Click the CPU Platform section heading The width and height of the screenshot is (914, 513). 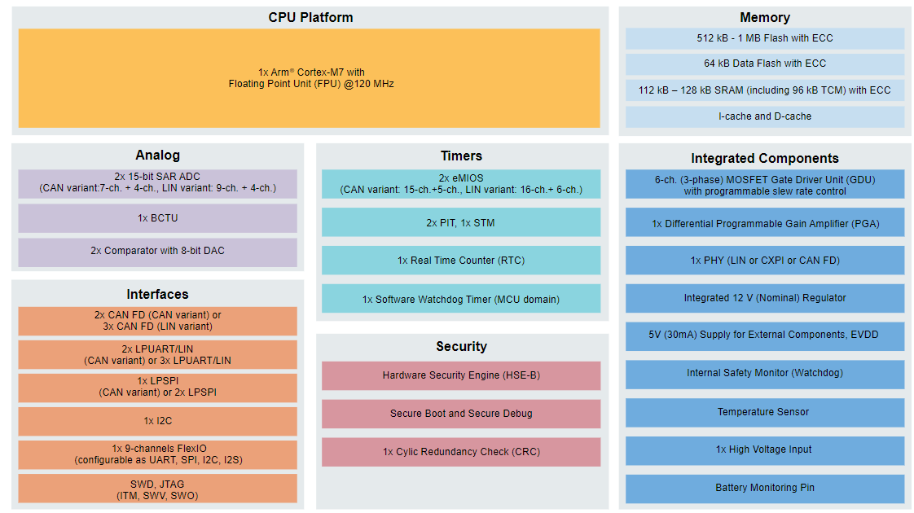click(x=310, y=17)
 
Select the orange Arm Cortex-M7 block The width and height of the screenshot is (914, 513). click(x=309, y=78)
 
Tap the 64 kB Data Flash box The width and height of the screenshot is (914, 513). click(x=764, y=64)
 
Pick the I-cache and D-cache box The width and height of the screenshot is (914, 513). click(x=764, y=116)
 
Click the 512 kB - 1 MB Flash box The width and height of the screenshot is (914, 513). click(x=764, y=38)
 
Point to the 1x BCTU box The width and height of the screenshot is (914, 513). click(x=157, y=218)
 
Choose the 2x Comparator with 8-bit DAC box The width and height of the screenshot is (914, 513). click(x=157, y=251)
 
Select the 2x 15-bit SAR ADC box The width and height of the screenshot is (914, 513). click(x=157, y=182)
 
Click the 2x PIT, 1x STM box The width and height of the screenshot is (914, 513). click(x=460, y=222)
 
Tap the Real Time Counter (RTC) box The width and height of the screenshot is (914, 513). click(x=460, y=261)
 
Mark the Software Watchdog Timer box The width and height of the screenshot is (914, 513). click(x=460, y=300)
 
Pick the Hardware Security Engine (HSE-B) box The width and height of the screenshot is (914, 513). click(x=460, y=375)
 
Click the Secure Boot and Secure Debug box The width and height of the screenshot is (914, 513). click(x=460, y=414)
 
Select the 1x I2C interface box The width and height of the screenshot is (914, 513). click(x=157, y=421)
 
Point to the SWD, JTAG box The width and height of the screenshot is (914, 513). click(x=157, y=489)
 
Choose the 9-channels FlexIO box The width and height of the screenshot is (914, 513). click(x=157, y=454)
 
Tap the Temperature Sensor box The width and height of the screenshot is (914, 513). click(x=764, y=412)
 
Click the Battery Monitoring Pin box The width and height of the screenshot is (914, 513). click(x=764, y=488)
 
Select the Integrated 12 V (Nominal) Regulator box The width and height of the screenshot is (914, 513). click(x=764, y=298)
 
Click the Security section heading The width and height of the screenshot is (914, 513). click(x=461, y=346)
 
